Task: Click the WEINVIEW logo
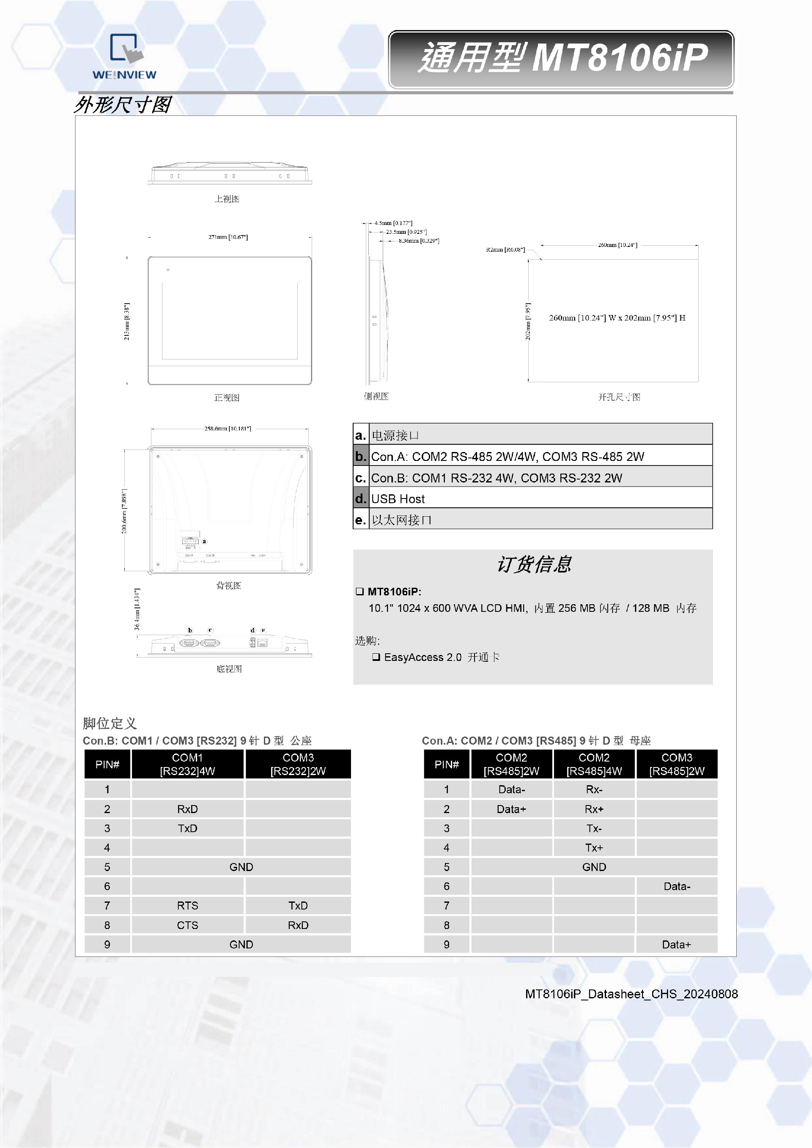click(124, 57)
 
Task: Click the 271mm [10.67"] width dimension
click(228, 237)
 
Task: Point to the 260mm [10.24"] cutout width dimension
click(617, 245)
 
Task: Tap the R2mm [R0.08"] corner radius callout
click(505, 249)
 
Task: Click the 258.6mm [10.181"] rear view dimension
click(228, 428)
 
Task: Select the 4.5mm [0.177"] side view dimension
click(393, 223)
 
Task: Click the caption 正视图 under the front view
click(227, 397)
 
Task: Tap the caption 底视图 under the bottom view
click(229, 669)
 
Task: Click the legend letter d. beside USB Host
click(360, 499)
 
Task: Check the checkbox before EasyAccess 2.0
click(376, 657)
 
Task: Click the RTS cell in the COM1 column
click(187, 905)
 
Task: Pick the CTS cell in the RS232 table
click(187, 925)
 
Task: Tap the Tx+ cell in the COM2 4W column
click(594, 847)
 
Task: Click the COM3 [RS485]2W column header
click(677, 764)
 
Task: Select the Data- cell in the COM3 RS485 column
click(677, 887)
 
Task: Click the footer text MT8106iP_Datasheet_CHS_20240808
click(631, 994)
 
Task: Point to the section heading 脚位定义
click(110, 723)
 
